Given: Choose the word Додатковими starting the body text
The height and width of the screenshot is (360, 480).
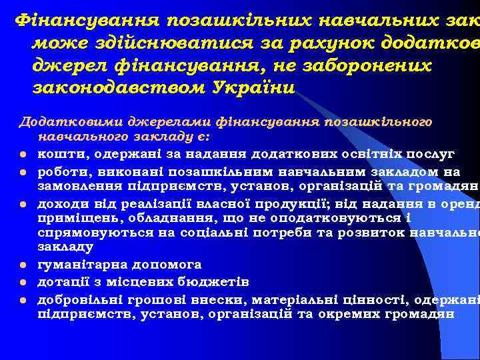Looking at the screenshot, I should tap(59, 123).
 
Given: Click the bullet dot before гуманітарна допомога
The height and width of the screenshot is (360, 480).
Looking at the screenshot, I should tap(22, 266).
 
